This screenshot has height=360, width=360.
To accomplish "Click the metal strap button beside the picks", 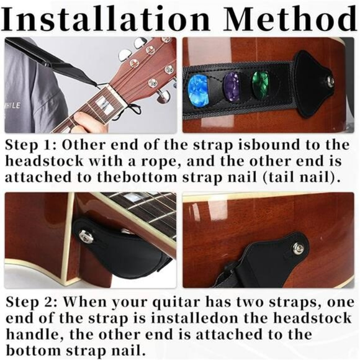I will coord(330,80).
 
